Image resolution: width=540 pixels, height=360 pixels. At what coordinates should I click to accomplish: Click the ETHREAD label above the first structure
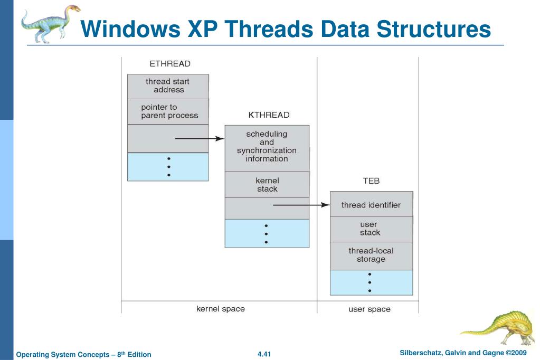click(x=169, y=64)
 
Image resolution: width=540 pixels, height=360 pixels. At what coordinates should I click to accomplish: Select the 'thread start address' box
click(x=168, y=86)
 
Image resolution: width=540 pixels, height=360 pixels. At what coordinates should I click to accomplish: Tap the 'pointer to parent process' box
click(x=168, y=111)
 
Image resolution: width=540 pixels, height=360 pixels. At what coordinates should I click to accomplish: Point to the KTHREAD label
click(x=269, y=115)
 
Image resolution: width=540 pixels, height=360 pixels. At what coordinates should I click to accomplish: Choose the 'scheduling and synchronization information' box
click(x=267, y=147)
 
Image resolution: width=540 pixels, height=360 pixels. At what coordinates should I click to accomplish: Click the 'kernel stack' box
click(x=267, y=185)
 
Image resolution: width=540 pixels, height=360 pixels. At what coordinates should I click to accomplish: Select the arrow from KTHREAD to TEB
click(x=301, y=205)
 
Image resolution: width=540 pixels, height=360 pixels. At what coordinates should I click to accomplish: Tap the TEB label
click(x=371, y=181)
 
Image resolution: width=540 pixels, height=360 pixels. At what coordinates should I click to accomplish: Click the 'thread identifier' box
click(x=371, y=205)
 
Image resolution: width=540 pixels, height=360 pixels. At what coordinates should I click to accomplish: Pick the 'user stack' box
click(x=371, y=229)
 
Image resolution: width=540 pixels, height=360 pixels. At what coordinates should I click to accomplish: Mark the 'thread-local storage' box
click(x=371, y=255)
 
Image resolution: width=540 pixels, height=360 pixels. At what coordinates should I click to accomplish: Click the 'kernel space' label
click(x=221, y=309)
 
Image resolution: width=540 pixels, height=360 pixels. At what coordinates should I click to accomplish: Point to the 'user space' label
click(x=370, y=309)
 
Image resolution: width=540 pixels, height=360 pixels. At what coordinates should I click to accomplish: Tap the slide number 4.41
click(x=264, y=354)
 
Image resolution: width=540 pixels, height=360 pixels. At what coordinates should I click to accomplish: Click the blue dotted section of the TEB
click(x=371, y=282)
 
